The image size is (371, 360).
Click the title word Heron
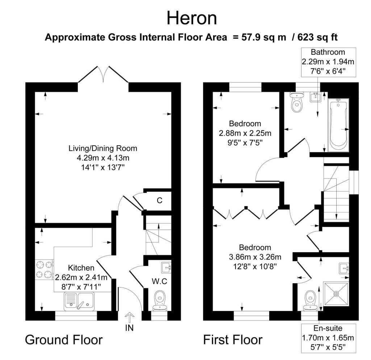[x=192, y=18]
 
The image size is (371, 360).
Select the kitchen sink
[x=79, y=301]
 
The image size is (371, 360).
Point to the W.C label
[x=159, y=281]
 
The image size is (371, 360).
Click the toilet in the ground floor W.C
[x=160, y=301]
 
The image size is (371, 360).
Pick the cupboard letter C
[x=159, y=200]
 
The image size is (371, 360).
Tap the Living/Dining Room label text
[x=103, y=148]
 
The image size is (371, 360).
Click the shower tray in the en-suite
[x=336, y=294]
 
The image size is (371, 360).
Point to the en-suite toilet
[x=310, y=300]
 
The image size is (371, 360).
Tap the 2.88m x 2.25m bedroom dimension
[x=245, y=133]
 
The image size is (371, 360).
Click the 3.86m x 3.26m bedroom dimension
[x=255, y=257]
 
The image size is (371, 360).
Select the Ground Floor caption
[x=64, y=340]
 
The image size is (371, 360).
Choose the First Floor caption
[x=233, y=340]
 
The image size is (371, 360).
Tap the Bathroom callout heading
[x=328, y=52]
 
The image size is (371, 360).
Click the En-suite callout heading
[x=328, y=328]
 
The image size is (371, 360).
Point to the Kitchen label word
[x=81, y=268]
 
